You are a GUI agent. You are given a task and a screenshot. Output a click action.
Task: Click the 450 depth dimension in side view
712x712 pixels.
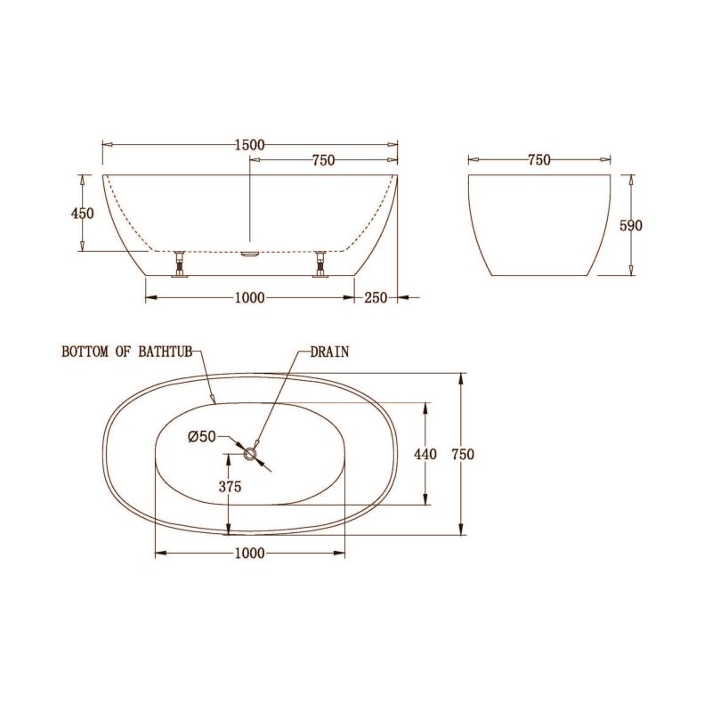82,214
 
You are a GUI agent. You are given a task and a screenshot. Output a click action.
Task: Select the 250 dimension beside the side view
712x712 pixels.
376,297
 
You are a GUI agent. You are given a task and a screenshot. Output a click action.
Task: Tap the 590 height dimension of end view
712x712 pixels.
630,225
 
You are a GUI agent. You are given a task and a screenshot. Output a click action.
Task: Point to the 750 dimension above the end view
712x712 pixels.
538,160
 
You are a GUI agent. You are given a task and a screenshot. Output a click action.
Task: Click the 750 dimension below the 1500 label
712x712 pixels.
323,160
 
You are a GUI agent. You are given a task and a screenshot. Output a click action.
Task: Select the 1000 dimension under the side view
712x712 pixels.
250,297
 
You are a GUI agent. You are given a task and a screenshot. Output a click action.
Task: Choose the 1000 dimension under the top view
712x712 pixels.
250,554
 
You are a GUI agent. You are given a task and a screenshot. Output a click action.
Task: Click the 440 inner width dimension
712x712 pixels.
425,454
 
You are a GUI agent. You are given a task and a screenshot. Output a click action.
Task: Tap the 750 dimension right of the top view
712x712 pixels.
462,454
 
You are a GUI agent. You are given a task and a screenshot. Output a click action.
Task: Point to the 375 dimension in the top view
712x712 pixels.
230,486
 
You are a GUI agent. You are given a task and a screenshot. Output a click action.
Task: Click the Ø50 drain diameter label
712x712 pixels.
202,436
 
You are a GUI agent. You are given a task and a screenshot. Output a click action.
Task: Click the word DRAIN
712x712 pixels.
329,352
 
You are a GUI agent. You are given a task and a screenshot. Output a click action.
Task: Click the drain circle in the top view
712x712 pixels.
251,454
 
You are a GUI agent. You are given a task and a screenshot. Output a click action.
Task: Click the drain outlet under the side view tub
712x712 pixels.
250,253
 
